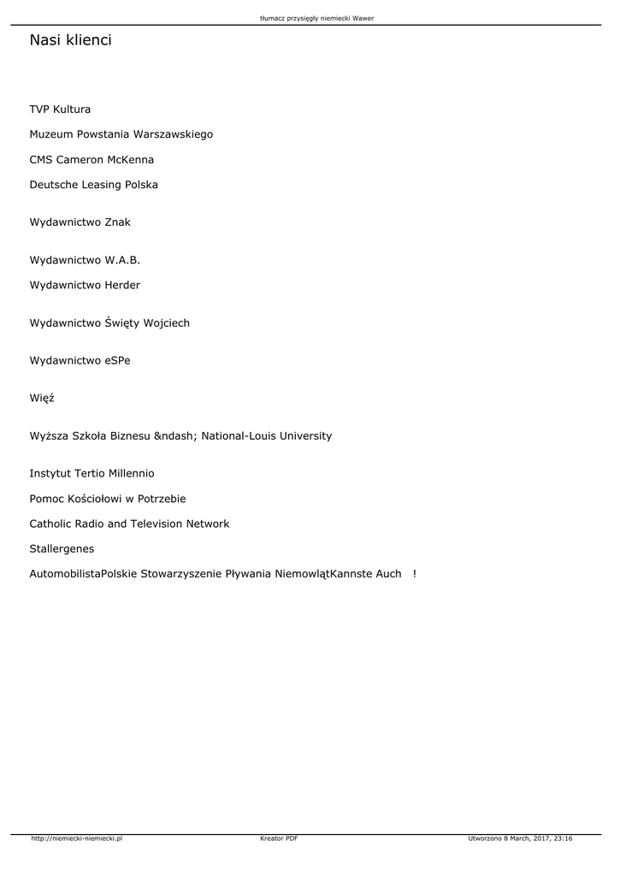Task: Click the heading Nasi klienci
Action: (x=70, y=40)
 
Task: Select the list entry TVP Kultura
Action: (x=60, y=109)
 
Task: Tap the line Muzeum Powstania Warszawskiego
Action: (x=121, y=134)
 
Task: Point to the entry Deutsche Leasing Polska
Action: (x=93, y=185)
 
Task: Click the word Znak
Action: (x=117, y=222)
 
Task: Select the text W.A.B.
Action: (x=122, y=260)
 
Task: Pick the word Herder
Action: (x=122, y=285)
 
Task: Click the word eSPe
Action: (x=118, y=361)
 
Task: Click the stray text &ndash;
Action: (x=175, y=436)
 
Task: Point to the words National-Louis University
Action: (x=267, y=436)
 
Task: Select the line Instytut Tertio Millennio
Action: (x=92, y=473)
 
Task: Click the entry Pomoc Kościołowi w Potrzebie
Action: (x=108, y=499)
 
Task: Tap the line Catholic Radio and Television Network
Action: (x=129, y=524)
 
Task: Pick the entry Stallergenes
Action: (x=62, y=548)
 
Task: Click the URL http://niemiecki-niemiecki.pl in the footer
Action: (x=76, y=839)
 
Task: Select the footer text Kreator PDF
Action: (x=279, y=839)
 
